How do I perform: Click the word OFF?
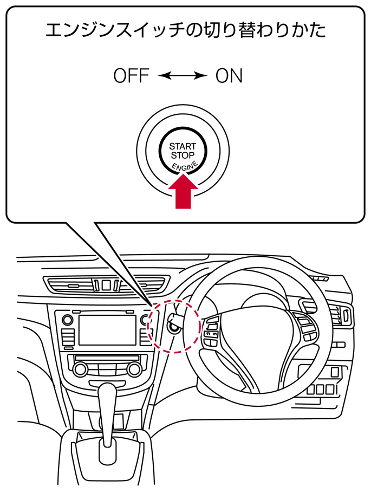click(131, 76)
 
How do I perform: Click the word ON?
click(229, 76)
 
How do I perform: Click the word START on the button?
click(183, 146)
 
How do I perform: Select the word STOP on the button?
click(183, 155)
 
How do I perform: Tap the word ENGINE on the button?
click(185, 166)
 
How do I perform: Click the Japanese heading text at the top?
click(185, 30)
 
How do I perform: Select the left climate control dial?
click(81, 369)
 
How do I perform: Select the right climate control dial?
click(133, 369)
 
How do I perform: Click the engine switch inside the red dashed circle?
click(174, 326)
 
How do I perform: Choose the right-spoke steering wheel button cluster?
click(304, 327)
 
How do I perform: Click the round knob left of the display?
click(67, 320)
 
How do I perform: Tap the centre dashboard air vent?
click(106, 283)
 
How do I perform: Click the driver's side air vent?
click(342, 316)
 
